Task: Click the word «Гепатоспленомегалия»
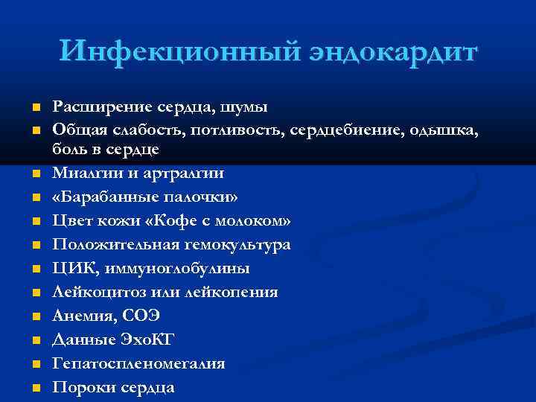click(x=138, y=363)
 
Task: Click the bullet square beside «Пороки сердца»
click(x=36, y=388)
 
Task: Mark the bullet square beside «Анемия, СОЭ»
click(x=36, y=316)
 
